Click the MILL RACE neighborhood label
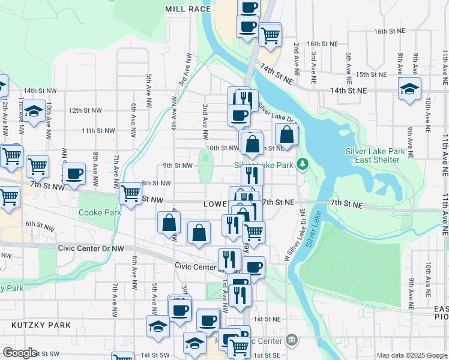tap(188, 10)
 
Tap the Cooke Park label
tap(99, 212)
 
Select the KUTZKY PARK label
tap(41, 325)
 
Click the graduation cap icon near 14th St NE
tap(409, 89)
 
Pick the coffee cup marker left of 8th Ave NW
tap(74, 174)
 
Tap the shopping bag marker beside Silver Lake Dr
tap(287, 136)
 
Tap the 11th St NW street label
tap(98, 131)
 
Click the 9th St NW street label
tap(177, 166)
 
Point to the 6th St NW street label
tap(40, 224)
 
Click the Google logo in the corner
tap(19, 353)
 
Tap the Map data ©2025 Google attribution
tap(411, 355)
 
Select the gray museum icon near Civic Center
tap(292, 340)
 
